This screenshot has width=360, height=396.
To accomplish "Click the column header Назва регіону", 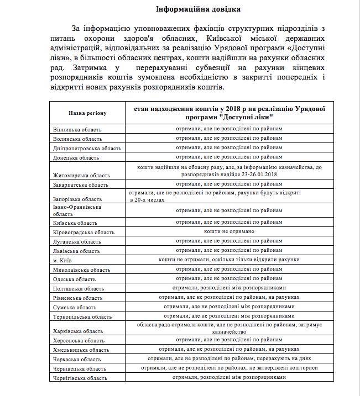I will pyautogui.click(x=87, y=113).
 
